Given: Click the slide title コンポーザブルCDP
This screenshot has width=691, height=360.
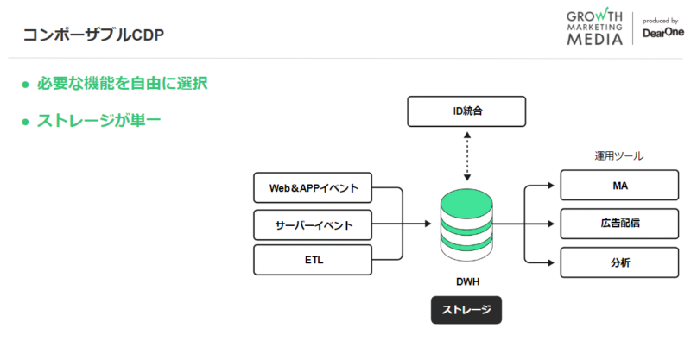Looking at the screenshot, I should (92, 35).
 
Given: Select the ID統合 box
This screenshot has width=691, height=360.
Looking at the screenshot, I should (466, 111).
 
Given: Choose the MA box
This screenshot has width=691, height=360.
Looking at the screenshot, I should (618, 186).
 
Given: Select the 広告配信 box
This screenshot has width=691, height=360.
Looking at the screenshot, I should (618, 224).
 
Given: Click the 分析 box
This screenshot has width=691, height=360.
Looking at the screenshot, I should (618, 262).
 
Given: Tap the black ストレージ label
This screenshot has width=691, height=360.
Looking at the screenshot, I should (466, 309).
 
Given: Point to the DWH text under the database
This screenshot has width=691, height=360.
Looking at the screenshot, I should (466, 282).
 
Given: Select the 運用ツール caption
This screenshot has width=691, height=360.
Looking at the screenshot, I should (618, 156).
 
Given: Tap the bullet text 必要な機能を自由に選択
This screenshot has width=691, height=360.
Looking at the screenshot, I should (121, 84).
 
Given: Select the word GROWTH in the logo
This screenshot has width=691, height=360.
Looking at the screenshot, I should (595, 15).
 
